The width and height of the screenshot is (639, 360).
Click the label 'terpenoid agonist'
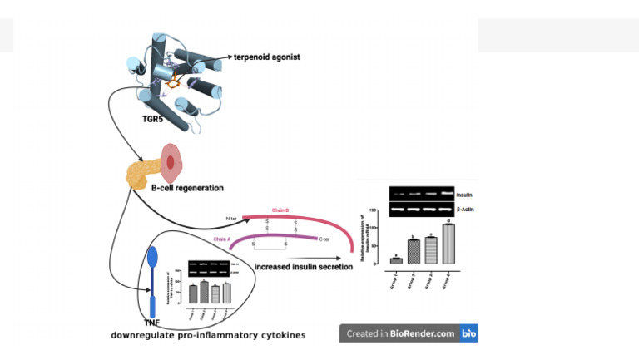coord(267,57)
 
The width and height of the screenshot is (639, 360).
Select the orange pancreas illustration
coord(140,173)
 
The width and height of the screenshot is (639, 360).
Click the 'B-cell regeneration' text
coord(187,188)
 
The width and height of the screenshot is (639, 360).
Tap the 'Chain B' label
coord(280,211)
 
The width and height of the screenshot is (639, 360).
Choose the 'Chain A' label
coord(221,239)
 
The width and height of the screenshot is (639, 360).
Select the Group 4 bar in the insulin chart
coord(448,244)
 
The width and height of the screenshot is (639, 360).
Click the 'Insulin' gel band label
coord(463,194)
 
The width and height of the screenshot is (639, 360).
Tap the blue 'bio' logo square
coord(468,333)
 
